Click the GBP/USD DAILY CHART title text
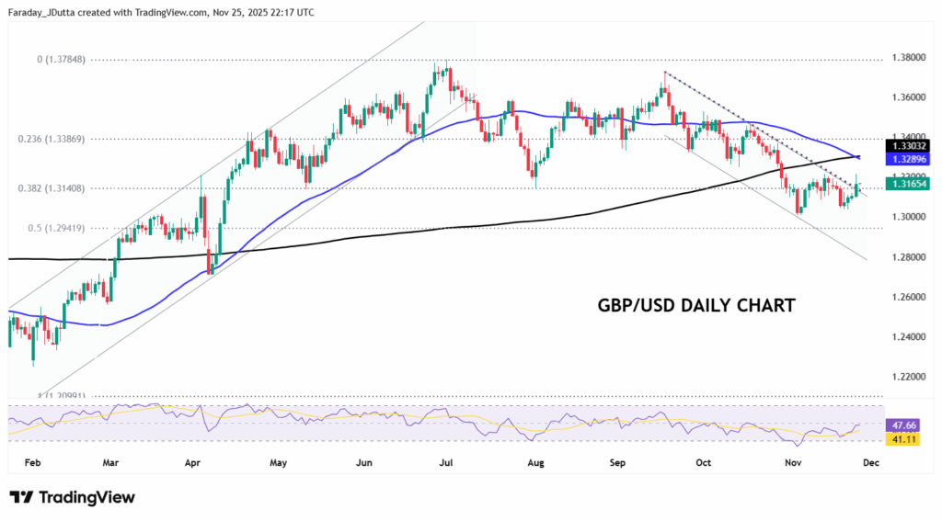[696, 305]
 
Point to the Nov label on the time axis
[793, 462]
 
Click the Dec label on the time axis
[871, 462]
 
